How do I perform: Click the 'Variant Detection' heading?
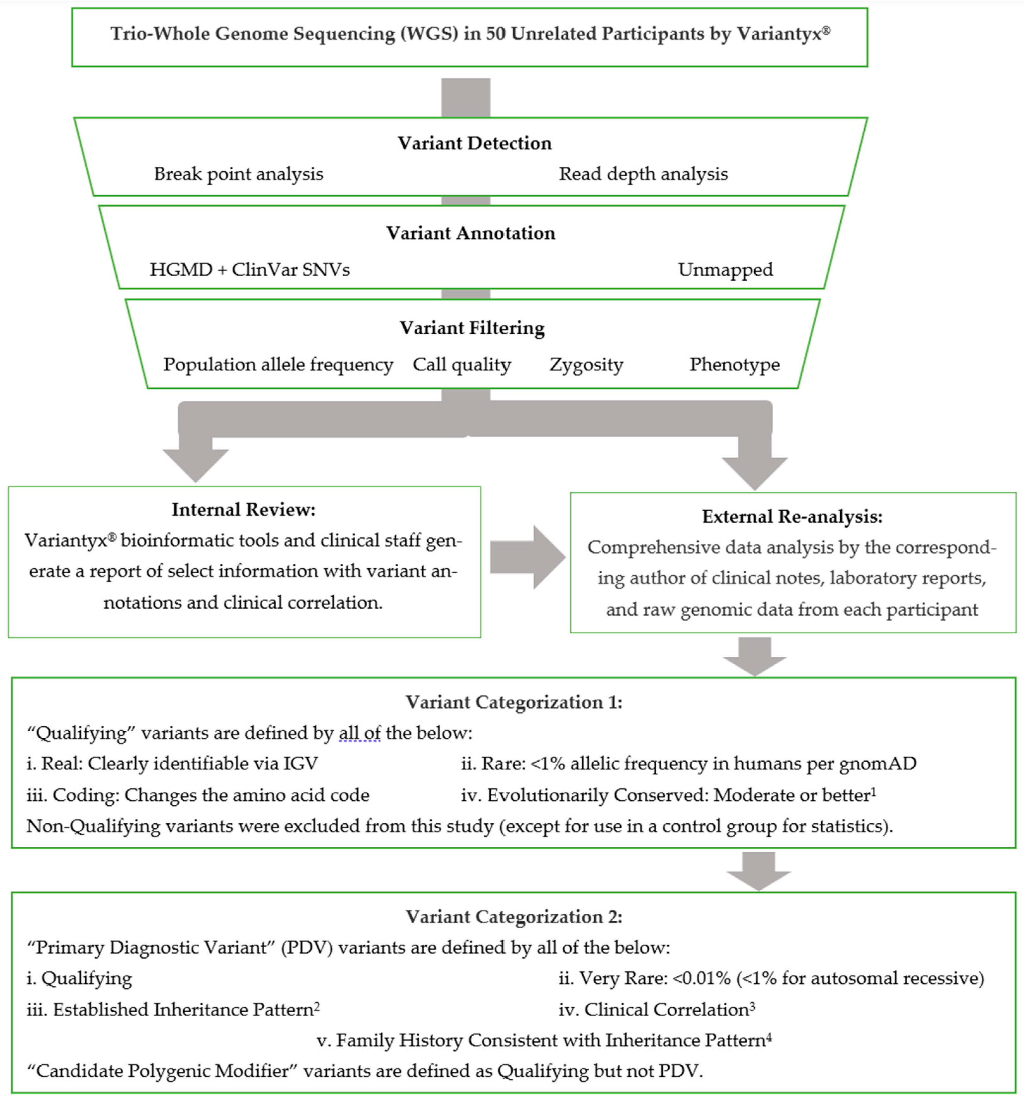pyautogui.click(x=474, y=143)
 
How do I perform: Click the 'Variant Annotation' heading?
pyautogui.click(x=470, y=233)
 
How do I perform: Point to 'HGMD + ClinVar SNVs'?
pyautogui.click(x=249, y=270)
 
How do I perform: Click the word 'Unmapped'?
pyautogui.click(x=725, y=270)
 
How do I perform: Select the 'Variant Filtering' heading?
pyautogui.click(x=472, y=328)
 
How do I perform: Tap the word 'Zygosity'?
pyautogui.click(x=586, y=364)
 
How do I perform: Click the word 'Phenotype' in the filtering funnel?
pyautogui.click(x=734, y=364)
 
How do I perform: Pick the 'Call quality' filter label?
pyautogui.click(x=462, y=364)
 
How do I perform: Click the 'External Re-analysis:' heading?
pyautogui.click(x=792, y=517)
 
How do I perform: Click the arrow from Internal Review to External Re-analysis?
pyautogui.click(x=526, y=557)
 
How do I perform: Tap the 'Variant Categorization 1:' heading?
pyautogui.click(x=514, y=703)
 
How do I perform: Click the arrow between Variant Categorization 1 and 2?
pyautogui.click(x=758, y=870)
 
